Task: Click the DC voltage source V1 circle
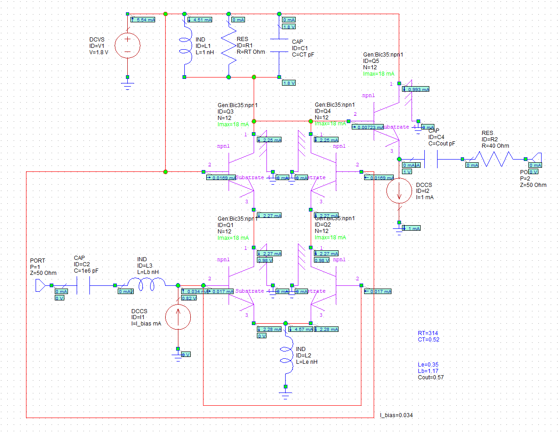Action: [x=127, y=46]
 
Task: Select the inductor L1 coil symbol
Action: [x=185, y=46]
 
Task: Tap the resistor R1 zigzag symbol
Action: [x=229, y=46]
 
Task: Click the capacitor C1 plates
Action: [x=279, y=46]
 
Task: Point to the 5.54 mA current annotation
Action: [x=143, y=20]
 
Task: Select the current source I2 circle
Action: [x=399, y=190]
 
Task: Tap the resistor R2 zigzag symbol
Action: [x=495, y=159]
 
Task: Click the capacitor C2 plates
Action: [x=83, y=286]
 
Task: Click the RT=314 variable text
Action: [x=428, y=333]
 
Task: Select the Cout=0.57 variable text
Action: [x=431, y=377]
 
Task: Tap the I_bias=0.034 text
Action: [x=396, y=415]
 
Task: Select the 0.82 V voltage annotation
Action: [x=188, y=298]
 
